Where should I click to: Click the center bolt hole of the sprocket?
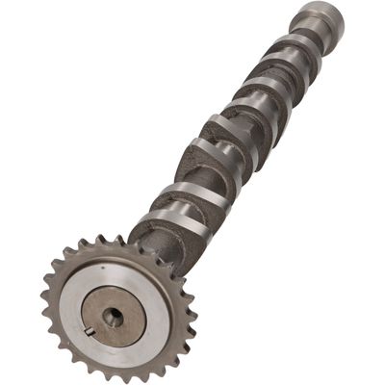tap(113, 317)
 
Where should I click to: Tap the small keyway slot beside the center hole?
tap(89, 332)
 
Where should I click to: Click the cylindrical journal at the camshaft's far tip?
tap(319, 18)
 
